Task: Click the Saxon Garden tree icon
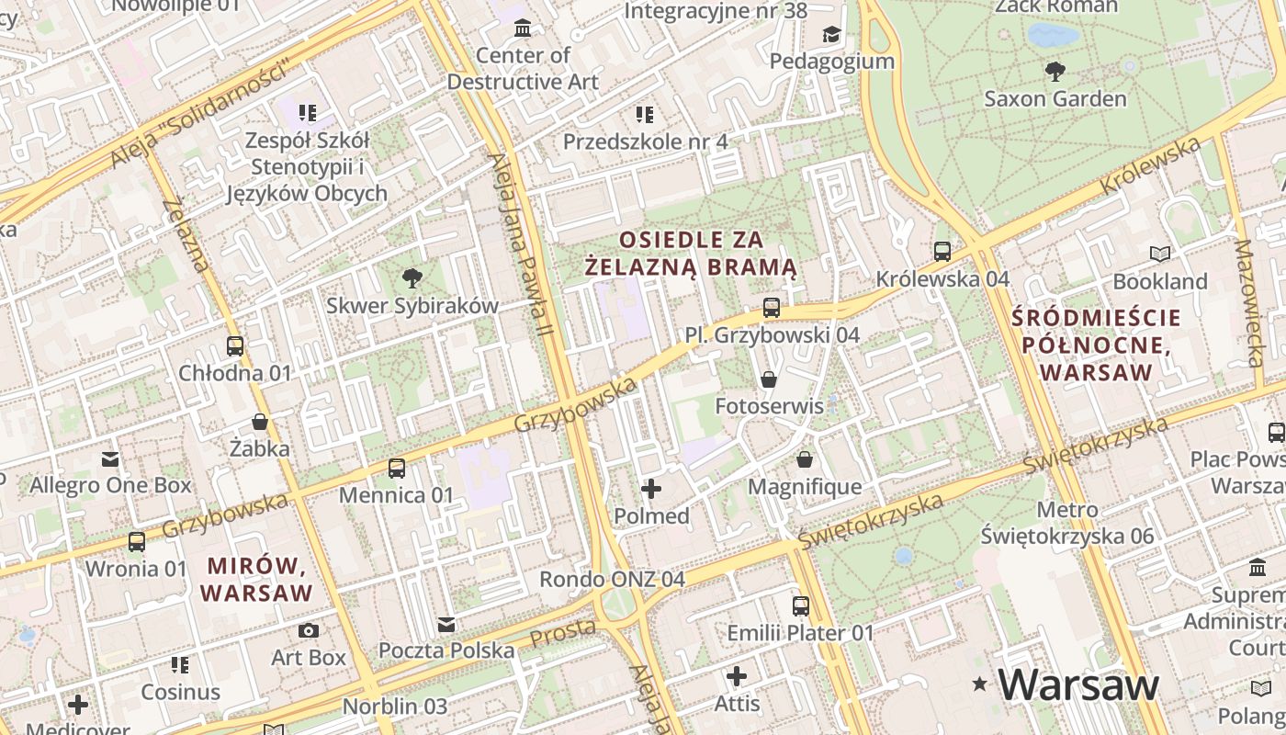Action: (1055, 71)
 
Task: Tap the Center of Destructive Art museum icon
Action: (523, 28)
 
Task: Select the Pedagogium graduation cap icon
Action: (831, 35)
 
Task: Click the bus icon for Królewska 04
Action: (942, 251)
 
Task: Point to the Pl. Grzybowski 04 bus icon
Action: (772, 308)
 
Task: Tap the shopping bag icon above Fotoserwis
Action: (769, 379)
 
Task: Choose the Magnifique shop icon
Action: (805, 459)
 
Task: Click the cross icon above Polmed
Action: (651, 489)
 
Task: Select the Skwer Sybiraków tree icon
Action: (412, 278)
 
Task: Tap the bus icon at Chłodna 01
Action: (235, 346)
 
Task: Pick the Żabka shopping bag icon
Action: (260, 422)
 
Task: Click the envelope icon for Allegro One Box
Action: (110, 458)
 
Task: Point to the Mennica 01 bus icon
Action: (397, 469)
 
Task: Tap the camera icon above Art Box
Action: (309, 630)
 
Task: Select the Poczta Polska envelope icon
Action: (446, 625)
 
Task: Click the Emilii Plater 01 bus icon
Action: (801, 606)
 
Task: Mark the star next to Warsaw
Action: (980, 684)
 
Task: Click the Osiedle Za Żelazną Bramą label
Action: (691, 254)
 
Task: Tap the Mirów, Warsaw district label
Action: (257, 579)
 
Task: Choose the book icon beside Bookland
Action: (1160, 254)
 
